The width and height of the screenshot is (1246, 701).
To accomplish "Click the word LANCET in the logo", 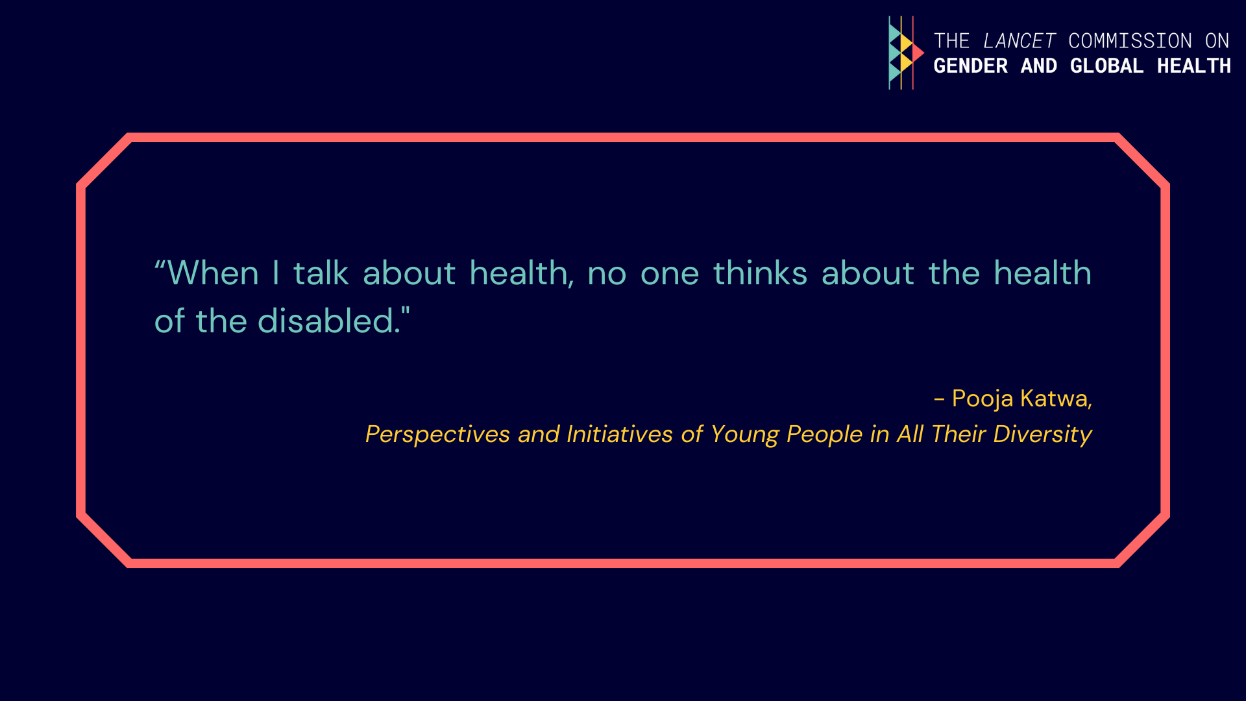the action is click(1020, 41).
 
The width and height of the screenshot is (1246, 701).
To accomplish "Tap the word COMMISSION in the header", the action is click(1130, 41).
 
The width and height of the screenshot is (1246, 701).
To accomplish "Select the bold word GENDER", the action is click(971, 66).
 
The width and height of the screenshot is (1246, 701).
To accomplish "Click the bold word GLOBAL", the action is click(1106, 66).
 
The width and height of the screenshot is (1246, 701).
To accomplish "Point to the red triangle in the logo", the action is click(918, 53).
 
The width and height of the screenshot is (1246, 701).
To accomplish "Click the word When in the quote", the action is click(214, 273).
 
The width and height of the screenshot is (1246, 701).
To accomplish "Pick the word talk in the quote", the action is click(321, 273).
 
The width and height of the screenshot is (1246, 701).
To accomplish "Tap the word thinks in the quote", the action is click(761, 273).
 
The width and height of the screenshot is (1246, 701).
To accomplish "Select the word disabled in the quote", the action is click(328, 321).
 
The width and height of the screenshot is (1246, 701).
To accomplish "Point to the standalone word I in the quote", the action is click(276, 273).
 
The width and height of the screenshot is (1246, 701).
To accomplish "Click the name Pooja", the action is click(983, 399).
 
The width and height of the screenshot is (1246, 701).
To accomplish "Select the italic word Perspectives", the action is click(437, 434).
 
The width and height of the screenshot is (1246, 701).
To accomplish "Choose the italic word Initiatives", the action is click(620, 434).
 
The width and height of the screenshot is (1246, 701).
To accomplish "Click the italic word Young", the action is click(745, 434).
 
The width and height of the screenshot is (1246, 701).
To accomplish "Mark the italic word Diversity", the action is click(1043, 434).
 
